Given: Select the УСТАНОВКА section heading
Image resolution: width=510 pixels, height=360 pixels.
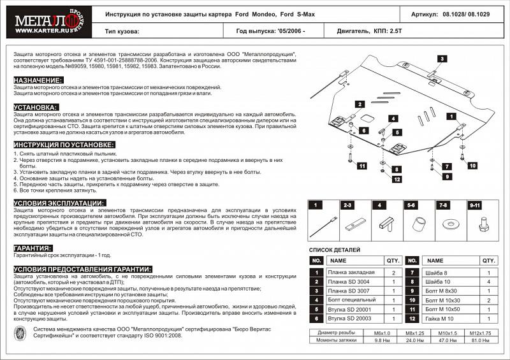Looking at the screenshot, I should click(36, 107).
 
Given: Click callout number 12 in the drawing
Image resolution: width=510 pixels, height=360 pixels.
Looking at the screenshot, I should click(396, 179).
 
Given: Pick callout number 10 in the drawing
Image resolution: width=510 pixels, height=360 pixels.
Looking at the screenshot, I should click(472, 166).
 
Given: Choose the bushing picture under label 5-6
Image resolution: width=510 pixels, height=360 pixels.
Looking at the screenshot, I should click(418, 225).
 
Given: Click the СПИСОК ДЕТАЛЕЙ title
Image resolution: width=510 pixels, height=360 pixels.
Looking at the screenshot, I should click(335, 250).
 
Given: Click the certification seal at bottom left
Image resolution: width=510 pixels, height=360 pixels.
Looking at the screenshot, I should click(20, 334).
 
